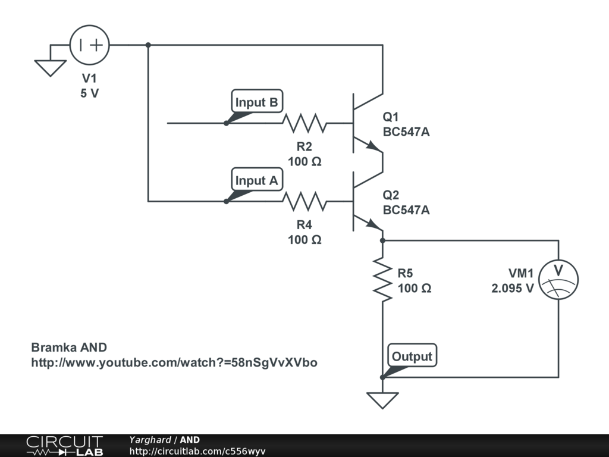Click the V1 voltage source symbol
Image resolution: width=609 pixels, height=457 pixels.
(90, 45)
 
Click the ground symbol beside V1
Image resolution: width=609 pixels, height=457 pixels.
(50, 67)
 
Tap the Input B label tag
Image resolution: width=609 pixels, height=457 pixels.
(256, 102)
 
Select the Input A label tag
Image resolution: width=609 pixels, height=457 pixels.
(256, 181)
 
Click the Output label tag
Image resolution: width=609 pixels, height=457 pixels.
(412, 356)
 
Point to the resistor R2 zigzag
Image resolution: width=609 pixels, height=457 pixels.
(304, 123)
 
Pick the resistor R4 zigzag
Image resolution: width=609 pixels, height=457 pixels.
(304, 202)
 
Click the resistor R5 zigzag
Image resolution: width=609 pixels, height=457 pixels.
(382, 278)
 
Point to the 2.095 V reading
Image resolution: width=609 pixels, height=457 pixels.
(512, 288)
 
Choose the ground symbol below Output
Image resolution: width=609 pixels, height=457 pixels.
(382, 399)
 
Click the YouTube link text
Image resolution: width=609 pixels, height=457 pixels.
(174, 362)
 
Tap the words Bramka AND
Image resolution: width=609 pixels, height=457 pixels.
(68, 348)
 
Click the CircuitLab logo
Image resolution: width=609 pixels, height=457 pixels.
(64, 446)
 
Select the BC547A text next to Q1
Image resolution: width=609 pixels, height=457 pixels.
(406, 132)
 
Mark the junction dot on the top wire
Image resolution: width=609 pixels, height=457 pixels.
(148, 45)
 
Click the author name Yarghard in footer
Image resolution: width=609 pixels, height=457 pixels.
(150, 440)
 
